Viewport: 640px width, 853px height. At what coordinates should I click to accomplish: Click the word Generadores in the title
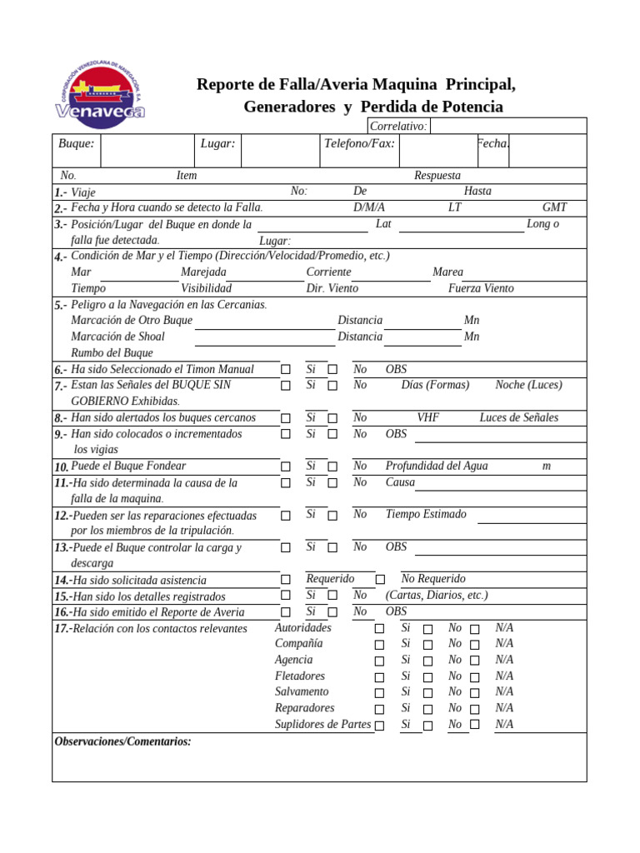pos(288,107)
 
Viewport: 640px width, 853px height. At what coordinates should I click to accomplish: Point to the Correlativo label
pos(398,126)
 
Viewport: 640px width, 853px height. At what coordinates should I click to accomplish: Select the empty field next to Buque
pos(147,150)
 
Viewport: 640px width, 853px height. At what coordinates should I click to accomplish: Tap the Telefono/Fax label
pos(358,143)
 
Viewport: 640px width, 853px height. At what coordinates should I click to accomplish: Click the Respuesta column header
pos(437,176)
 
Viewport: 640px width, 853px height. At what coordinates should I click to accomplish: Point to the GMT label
pos(554,207)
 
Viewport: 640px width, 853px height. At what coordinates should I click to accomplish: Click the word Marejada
pos(203,272)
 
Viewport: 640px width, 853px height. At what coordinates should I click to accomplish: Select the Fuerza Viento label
pos(481,288)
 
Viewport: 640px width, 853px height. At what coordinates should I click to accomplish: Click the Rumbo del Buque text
pos(112,352)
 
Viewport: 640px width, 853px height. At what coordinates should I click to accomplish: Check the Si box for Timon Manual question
pos(286,369)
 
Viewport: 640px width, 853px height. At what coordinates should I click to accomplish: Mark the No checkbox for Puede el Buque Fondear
pos(332,466)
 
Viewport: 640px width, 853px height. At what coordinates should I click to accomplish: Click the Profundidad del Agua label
pos(437,466)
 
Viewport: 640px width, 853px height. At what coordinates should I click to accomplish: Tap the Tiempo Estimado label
pos(426,514)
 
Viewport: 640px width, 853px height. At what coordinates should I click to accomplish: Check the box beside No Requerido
pos(380,579)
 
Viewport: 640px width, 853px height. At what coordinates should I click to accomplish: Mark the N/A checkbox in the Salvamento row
pos(475,692)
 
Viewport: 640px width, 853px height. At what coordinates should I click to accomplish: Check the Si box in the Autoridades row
pos(379,629)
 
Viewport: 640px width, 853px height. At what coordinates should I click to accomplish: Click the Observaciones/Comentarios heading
pos(122,741)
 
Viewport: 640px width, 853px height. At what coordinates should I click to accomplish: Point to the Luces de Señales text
pos(518,417)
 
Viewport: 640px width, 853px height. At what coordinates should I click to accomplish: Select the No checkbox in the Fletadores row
pos(427,677)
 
